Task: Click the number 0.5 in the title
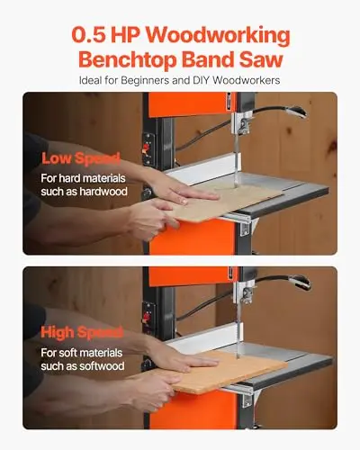[89, 35]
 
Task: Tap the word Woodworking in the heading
[219, 36]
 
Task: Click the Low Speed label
[81, 158]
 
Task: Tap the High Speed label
[82, 332]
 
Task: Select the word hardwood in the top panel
[103, 192]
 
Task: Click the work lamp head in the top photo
[295, 112]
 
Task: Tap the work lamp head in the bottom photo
[300, 283]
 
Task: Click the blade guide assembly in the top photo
[242, 123]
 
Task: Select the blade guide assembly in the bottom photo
[246, 294]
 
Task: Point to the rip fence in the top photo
[200, 170]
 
